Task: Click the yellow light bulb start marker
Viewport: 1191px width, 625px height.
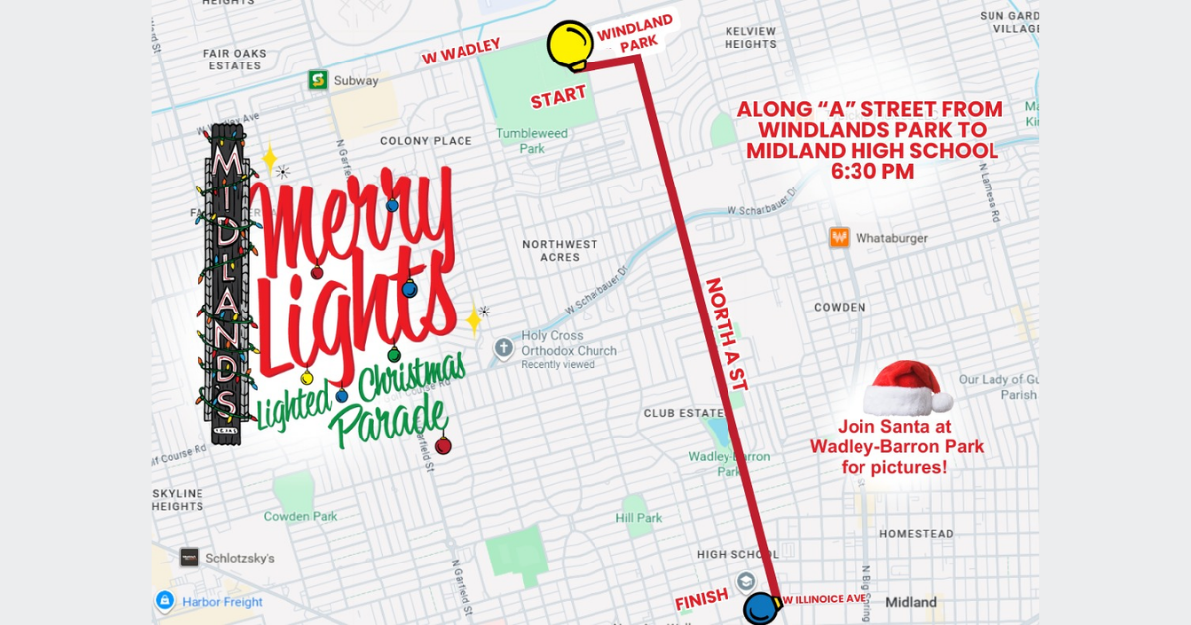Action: [569, 45]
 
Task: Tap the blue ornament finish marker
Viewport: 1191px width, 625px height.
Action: [759, 606]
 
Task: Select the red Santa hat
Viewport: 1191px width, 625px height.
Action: [906, 388]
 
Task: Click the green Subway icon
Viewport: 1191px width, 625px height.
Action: [318, 80]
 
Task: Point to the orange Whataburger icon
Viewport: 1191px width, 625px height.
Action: [840, 238]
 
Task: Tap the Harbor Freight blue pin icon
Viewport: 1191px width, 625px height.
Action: [165, 601]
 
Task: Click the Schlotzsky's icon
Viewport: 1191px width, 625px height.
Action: [189, 558]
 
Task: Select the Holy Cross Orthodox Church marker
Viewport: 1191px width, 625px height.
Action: [504, 348]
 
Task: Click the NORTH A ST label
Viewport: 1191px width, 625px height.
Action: [726, 332]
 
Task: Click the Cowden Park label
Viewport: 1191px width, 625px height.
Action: [301, 516]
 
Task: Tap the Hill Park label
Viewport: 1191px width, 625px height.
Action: [638, 518]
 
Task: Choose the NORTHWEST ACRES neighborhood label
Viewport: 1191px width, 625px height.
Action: [560, 250]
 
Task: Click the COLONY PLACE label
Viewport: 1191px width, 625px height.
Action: [426, 141]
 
